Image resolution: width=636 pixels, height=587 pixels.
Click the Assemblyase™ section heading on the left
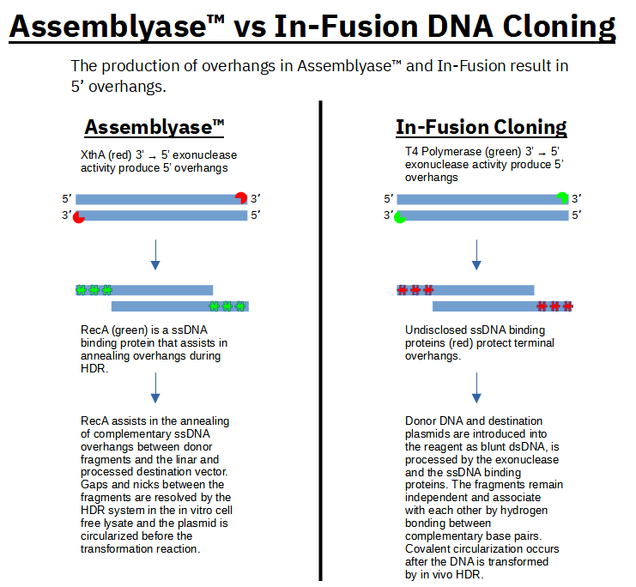point(154,128)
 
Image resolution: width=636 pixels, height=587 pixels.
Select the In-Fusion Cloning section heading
point(481,128)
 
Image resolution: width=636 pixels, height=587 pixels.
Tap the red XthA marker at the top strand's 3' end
point(241,198)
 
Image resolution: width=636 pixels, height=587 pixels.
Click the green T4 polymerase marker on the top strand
point(562,198)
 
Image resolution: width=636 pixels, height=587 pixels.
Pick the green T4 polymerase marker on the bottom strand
point(400,216)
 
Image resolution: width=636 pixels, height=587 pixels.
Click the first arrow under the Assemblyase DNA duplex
point(155,253)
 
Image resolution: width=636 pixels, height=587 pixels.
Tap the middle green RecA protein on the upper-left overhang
point(94,290)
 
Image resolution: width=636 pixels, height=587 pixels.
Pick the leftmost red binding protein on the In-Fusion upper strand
point(402,290)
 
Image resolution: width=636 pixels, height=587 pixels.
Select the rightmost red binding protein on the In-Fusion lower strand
point(567,306)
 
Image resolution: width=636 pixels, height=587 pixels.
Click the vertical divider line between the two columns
point(320,343)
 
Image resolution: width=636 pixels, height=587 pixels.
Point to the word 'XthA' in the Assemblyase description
point(93,155)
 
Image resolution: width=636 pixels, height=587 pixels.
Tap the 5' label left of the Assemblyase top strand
point(67,198)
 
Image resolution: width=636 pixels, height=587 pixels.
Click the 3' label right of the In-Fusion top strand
point(577,198)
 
